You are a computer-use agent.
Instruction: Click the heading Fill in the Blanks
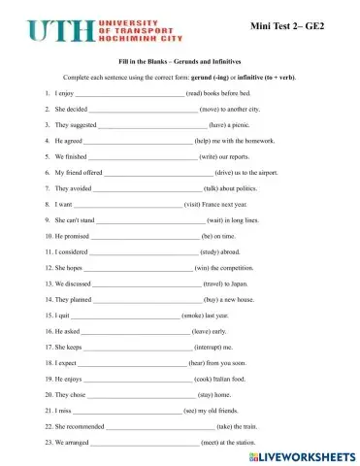pos(180,60)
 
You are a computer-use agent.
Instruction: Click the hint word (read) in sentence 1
pos(196,93)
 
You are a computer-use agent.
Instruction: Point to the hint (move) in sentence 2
pos(213,110)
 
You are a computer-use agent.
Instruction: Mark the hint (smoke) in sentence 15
pos(195,316)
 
